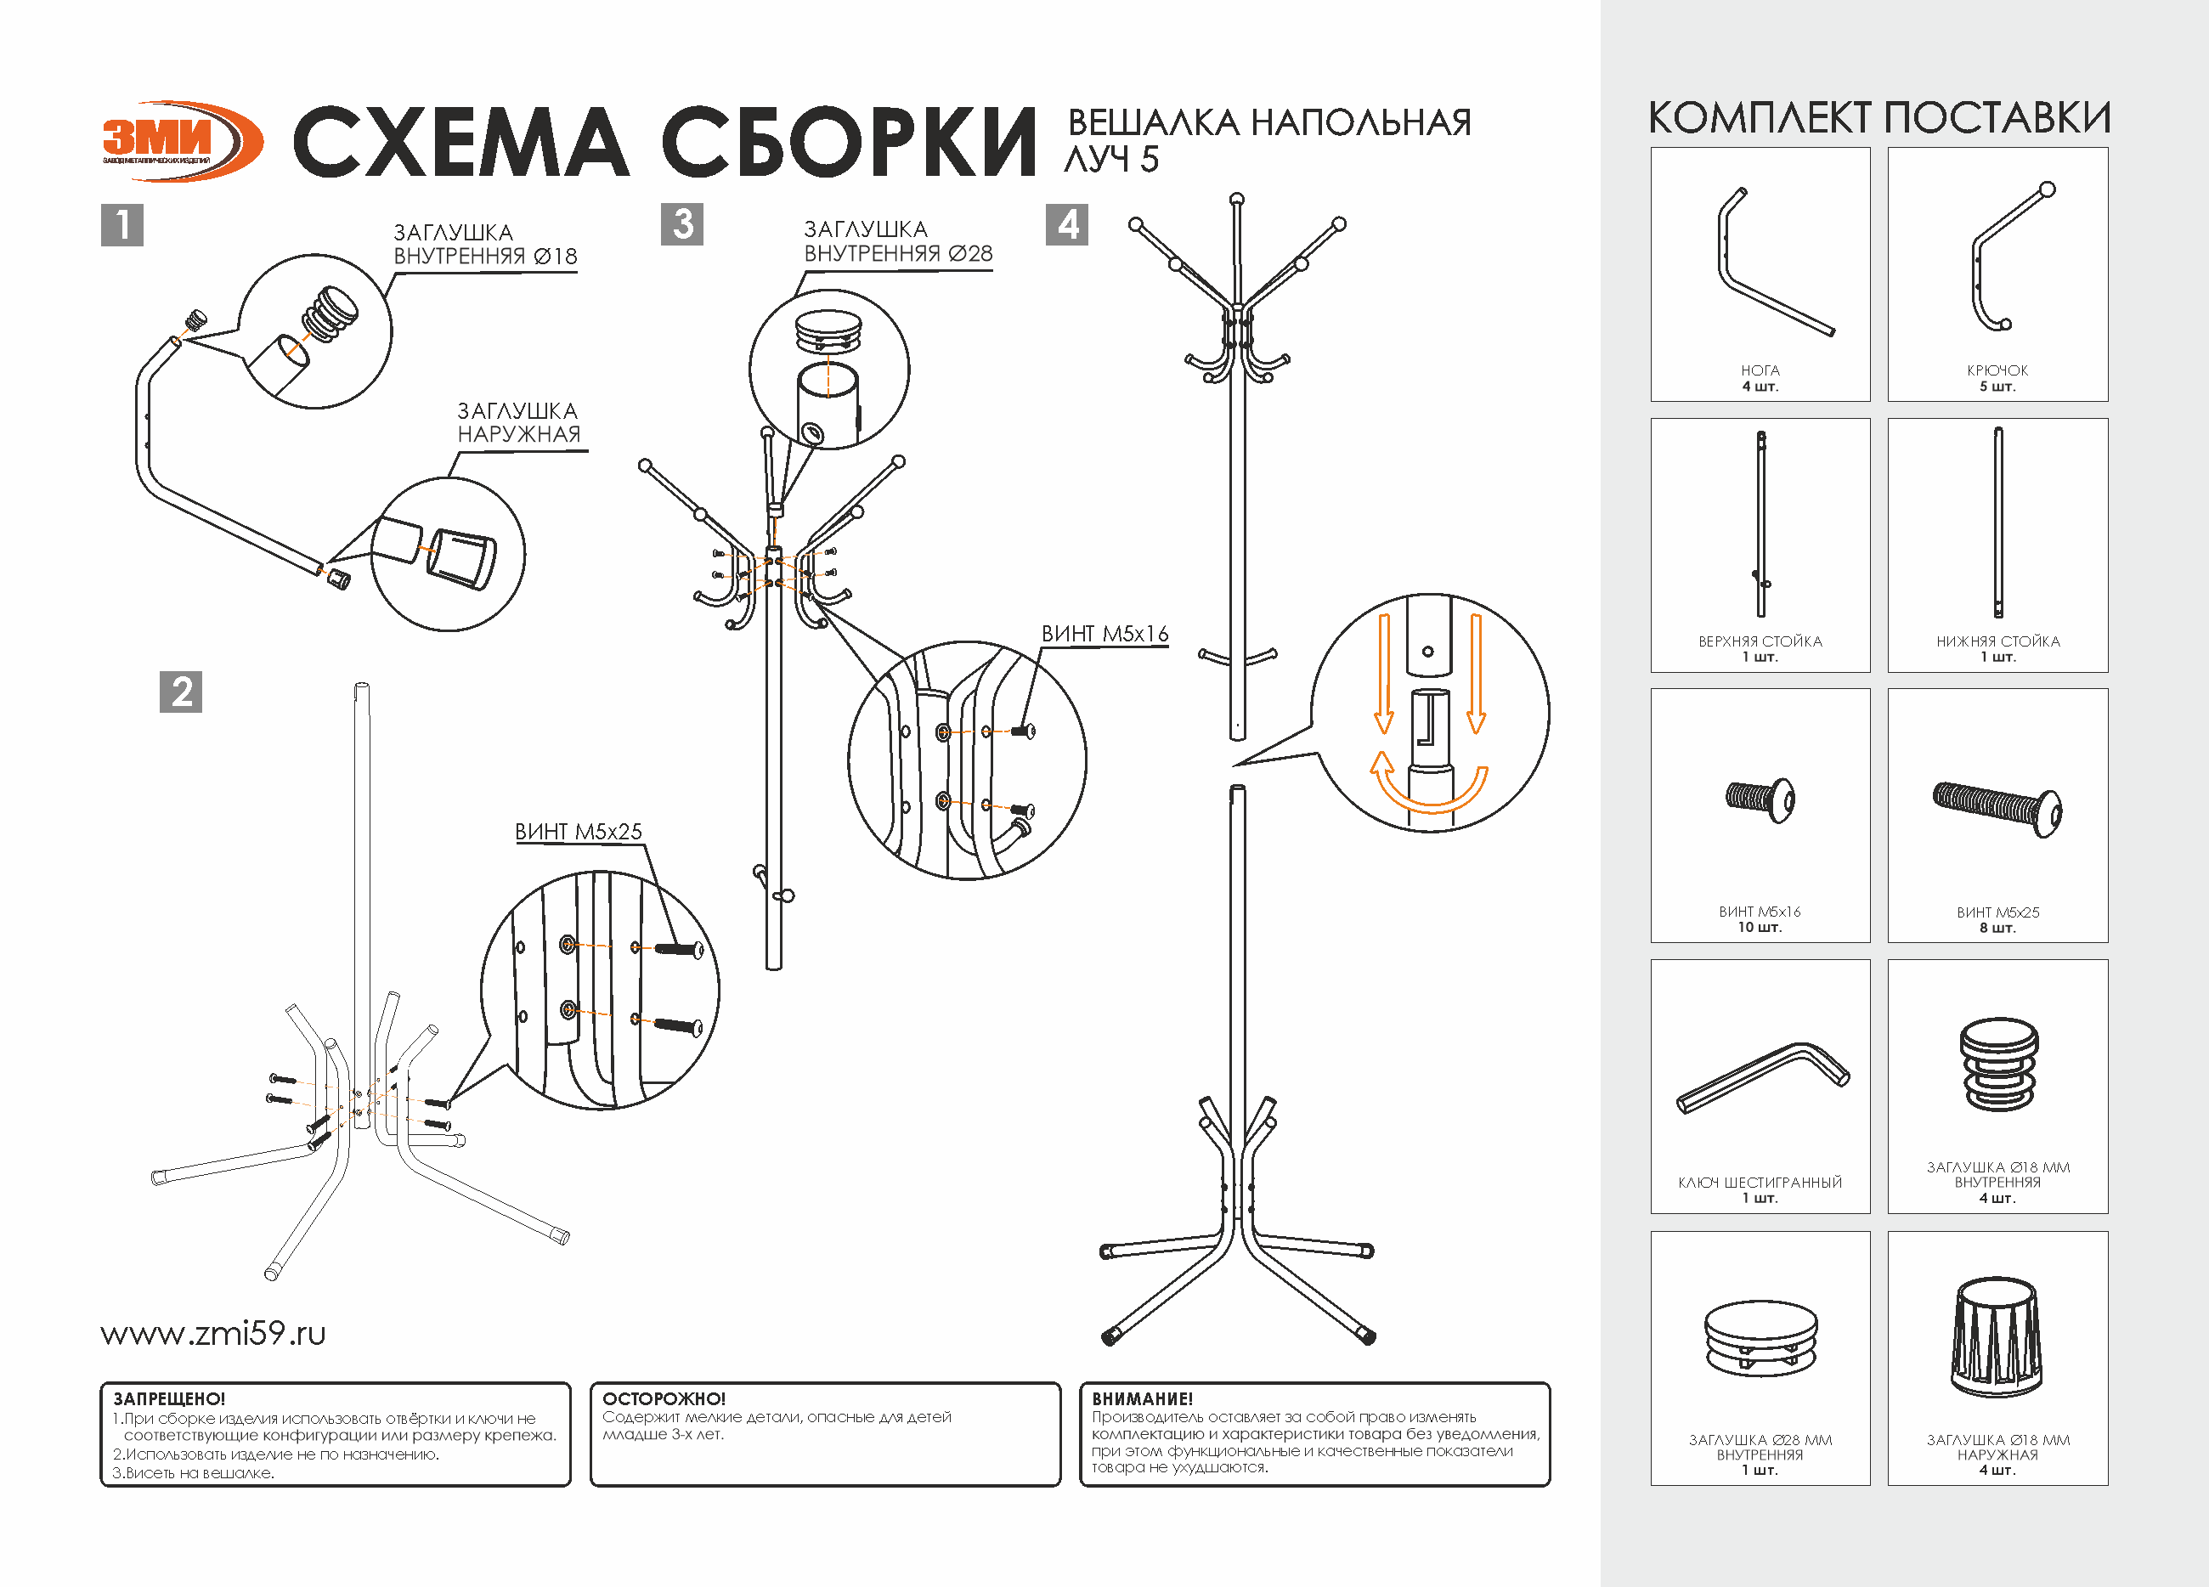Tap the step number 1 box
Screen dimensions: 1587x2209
[x=121, y=224]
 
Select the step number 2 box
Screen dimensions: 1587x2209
[x=180, y=692]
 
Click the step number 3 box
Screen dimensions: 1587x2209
[x=681, y=224]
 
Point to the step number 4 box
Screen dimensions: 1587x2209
[x=1066, y=224]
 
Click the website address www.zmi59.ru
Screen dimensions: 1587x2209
[x=213, y=1333]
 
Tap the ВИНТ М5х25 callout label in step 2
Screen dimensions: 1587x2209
[x=579, y=832]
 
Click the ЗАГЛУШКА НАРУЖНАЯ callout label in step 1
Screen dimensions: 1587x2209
[x=518, y=423]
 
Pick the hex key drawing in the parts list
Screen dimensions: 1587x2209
[x=1762, y=1076]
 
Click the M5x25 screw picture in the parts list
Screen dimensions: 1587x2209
[x=1997, y=808]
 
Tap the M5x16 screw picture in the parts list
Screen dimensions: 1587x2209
[x=1761, y=799]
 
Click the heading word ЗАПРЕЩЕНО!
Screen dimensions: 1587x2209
[x=169, y=1399]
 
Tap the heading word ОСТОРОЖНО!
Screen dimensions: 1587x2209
[x=664, y=1399]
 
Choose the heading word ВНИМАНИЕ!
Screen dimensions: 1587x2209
[x=1143, y=1399]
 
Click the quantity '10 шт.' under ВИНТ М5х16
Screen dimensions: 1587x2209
[x=1760, y=928]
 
